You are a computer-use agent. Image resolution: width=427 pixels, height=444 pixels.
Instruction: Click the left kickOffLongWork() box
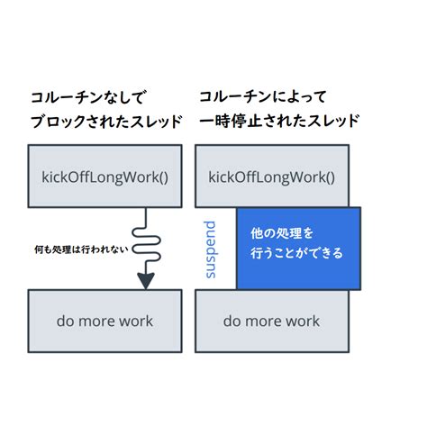pos(104,176)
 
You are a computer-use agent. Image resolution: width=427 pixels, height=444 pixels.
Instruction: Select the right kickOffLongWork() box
pos(271,176)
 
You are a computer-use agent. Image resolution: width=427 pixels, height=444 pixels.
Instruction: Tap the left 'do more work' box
pos(104,321)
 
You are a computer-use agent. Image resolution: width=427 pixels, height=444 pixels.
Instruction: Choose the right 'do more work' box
pos(271,321)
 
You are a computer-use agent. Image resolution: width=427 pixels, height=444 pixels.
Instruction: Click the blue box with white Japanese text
pos(298,249)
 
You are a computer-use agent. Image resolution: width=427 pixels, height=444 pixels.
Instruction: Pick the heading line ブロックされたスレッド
pos(102,121)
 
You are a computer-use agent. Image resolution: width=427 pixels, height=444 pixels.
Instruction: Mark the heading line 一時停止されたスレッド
pos(279,121)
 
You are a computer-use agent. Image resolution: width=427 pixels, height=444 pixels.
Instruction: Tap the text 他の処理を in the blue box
pos(282,232)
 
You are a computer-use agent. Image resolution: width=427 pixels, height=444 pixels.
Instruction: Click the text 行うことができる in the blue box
pos(296,254)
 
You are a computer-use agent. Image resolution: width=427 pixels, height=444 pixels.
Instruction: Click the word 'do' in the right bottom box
pos(232,321)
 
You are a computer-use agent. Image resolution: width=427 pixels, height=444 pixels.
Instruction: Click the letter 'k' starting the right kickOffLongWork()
pos(213,176)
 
